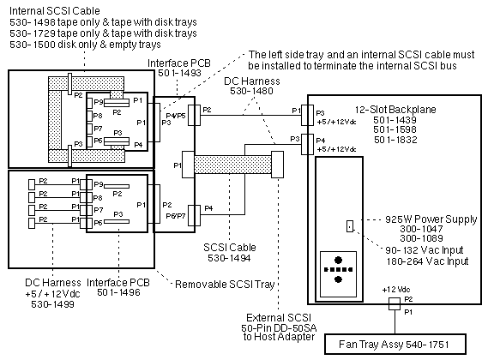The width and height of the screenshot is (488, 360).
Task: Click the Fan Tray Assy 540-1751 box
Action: click(395, 344)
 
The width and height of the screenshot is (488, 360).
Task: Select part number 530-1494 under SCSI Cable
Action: click(229, 258)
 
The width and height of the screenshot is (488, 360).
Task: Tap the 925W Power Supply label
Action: click(431, 219)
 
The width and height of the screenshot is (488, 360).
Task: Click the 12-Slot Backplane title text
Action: click(395, 110)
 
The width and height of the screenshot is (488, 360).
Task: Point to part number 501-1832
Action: click(395, 140)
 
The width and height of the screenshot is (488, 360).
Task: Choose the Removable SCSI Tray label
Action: click(225, 285)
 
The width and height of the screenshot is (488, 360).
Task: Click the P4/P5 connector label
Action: click(176, 116)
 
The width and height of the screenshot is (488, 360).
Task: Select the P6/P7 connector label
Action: click(176, 216)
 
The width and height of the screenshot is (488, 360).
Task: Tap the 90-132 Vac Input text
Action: click(425, 249)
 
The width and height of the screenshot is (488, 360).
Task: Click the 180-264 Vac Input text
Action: click(427, 261)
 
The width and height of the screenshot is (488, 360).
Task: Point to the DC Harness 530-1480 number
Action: click(251, 91)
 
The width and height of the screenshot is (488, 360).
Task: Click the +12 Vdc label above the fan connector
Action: click(396, 290)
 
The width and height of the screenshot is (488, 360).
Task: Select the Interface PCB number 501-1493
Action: click(179, 73)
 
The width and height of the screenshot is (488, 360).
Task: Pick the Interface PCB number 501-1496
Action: click(118, 292)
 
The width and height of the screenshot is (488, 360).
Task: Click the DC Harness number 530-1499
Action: click(52, 304)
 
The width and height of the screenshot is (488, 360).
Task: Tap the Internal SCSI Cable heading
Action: click(55, 11)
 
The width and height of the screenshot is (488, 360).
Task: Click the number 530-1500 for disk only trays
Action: click(31, 45)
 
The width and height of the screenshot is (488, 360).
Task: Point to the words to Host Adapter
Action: click(279, 337)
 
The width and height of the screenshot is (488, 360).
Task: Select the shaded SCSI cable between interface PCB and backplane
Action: click(232, 165)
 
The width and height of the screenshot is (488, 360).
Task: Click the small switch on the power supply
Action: click(350, 226)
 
